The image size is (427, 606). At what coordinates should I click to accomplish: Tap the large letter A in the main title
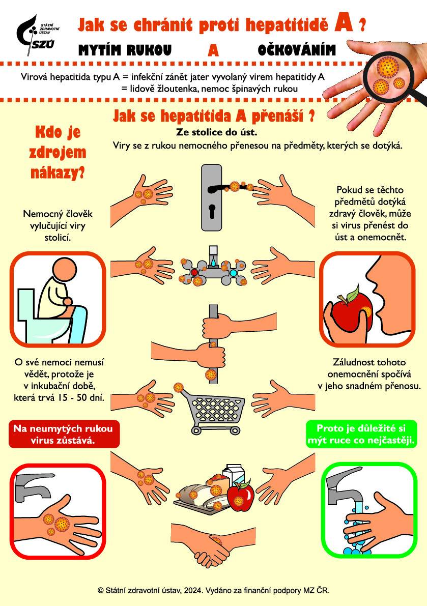click(x=344, y=23)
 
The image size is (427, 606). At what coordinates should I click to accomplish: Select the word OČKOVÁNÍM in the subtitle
click(x=297, y=50)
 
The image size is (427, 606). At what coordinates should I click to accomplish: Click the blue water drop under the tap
click(x=213, y=263)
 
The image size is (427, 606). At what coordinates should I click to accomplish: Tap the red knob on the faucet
click(x=194, y=273)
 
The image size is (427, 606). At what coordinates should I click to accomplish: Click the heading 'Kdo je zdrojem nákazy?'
click(x=60, y=152)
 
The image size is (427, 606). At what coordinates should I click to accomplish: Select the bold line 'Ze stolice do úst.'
click(x=213, y=133)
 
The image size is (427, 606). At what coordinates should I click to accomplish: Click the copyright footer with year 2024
click(x=213, y=590)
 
